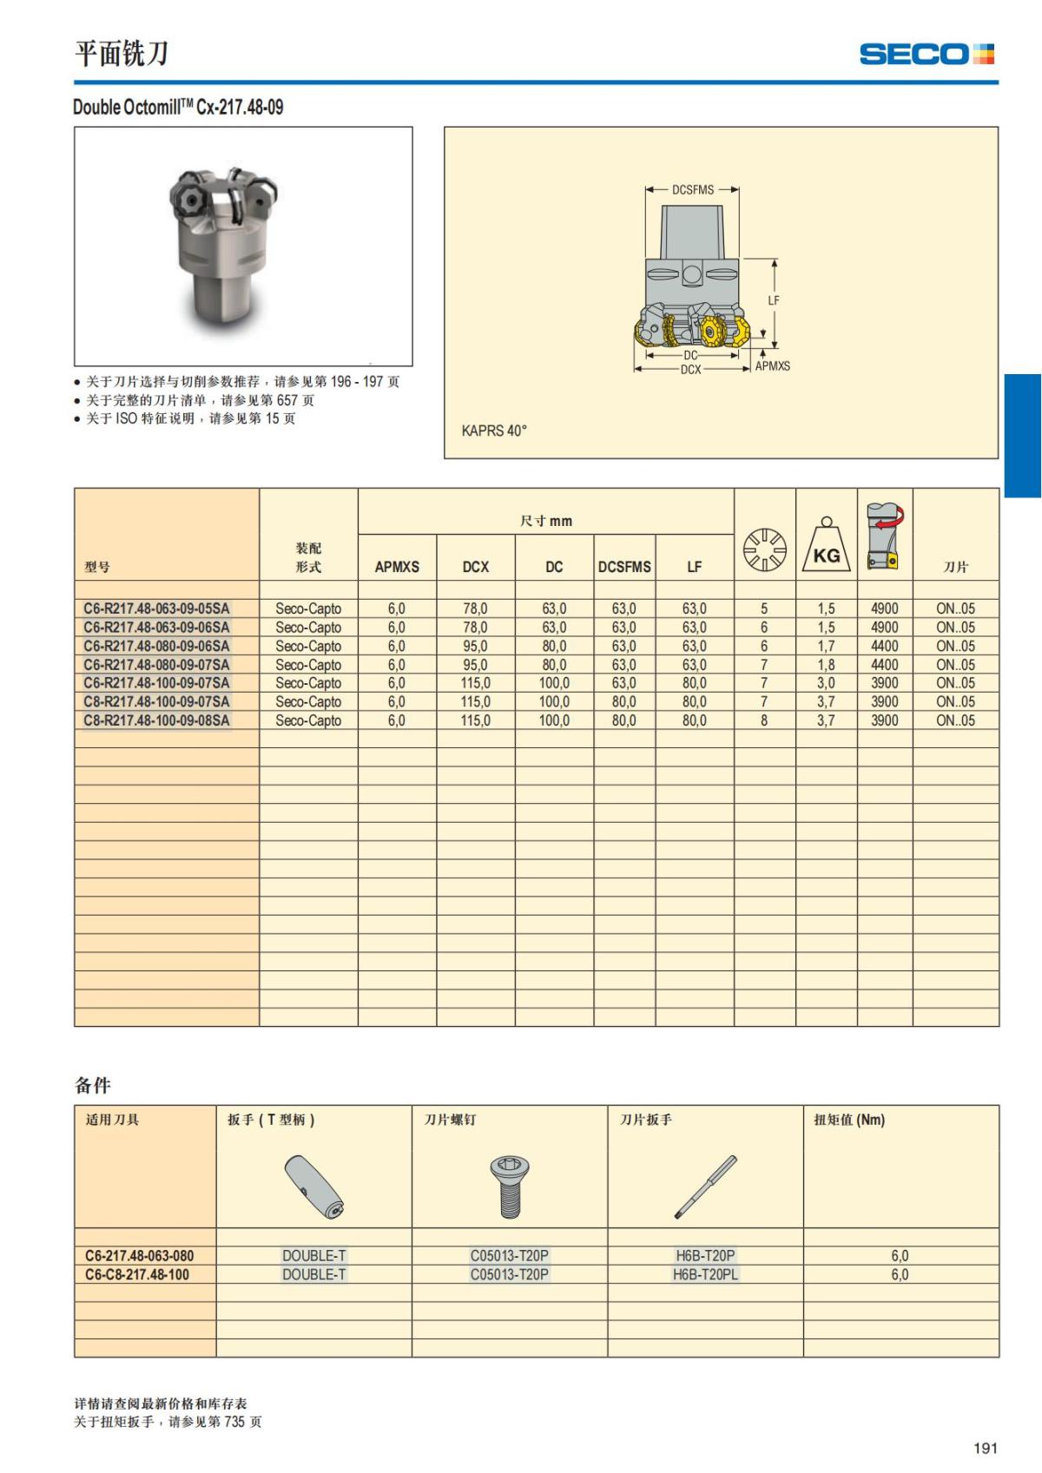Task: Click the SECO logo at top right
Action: tap(926, 54)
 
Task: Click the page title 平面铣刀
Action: tap(121, 54)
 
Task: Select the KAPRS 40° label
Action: tap(494, 431)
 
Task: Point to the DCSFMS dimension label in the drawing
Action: tap(692, 189)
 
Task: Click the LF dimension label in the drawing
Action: tap(774, 300)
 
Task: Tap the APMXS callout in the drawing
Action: tap(772, 366)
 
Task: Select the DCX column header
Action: tap(475, 567)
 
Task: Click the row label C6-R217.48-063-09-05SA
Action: tap(156, 608)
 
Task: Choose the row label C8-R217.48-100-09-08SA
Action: tap(156, 720)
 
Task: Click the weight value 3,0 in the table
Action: tap(826, 683)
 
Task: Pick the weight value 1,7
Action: tap(826, 646)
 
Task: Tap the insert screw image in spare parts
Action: tap(510, 1187)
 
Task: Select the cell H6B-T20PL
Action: tap(705, 1274)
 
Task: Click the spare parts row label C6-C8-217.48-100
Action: tap(137, 1274)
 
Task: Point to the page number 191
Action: tap(985, 1448)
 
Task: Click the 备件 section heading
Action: tap(93, 1085)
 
